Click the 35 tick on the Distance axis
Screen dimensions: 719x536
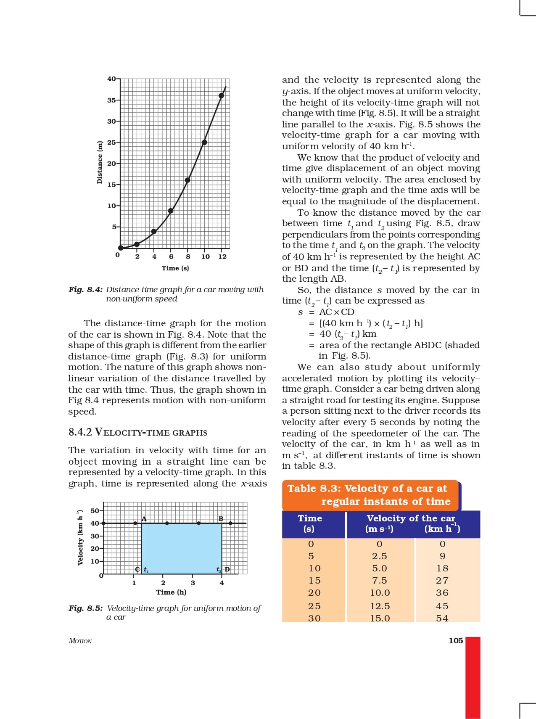coord(111,100)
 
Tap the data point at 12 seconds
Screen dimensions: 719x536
coord(222,95)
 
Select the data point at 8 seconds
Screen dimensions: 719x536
coord(187,180)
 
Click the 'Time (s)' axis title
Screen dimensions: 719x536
coord(175,268)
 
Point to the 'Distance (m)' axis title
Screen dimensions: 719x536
coord(100,162)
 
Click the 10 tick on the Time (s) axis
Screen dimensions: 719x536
coord(205,256)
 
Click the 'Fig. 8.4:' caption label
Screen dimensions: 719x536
coord(86,290)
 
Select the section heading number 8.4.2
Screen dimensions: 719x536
coord(80,432)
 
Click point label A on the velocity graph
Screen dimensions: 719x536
coord(144,519)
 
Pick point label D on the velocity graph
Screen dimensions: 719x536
coord(227,570)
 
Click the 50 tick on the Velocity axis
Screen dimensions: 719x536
coord(95,511)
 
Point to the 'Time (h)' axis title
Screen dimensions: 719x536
coord(171,592)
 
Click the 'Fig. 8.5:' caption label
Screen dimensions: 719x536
coord(86,608)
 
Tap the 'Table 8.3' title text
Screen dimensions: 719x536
coord(367,489)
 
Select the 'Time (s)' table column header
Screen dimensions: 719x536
coord(310,523)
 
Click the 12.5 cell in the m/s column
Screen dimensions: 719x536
coord(380,606)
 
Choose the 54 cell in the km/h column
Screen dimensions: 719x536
coord(442,618)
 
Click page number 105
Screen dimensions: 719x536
coord(456,641)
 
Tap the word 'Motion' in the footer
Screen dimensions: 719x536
coord(80,641)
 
